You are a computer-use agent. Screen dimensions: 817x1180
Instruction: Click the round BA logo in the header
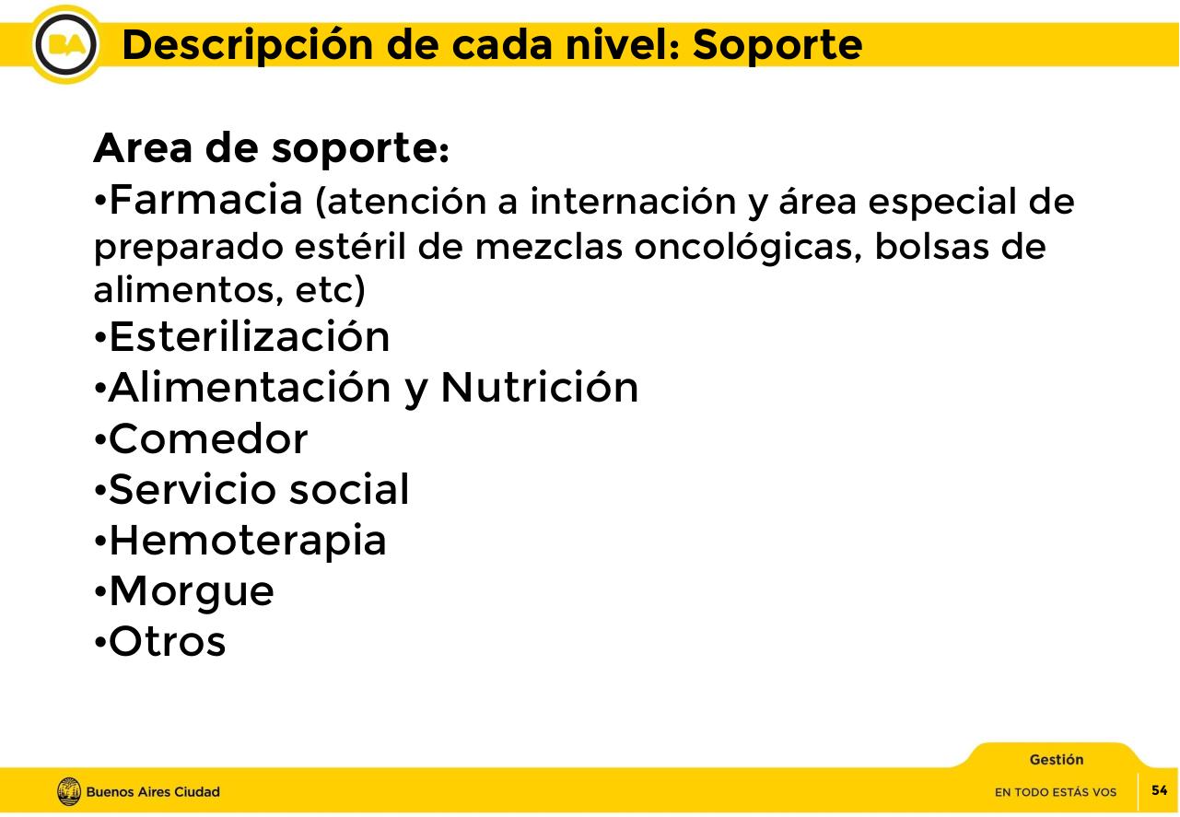[65, 44]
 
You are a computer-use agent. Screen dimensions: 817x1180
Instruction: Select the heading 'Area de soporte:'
[271, 150]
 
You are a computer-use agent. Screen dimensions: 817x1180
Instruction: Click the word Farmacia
[205, 200]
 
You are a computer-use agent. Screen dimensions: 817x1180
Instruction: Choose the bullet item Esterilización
[249, 337]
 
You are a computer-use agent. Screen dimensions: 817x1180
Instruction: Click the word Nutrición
[539, 388]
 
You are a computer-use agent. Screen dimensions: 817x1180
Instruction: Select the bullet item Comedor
[207, 439]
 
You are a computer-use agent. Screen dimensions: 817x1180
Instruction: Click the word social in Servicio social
[348, 489]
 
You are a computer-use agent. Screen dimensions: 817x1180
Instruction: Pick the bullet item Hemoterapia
[247, 541]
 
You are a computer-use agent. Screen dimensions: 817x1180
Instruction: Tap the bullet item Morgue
[191, 591]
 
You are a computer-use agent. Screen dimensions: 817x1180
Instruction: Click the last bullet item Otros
[167, 642]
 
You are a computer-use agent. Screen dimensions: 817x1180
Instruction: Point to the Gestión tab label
[1056, 760]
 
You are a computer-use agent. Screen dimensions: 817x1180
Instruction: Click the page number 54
[1159, 790]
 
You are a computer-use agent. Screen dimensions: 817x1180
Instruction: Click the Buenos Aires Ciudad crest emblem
[69, 791]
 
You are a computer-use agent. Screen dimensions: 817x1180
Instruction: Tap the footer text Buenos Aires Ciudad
[153, 792]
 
